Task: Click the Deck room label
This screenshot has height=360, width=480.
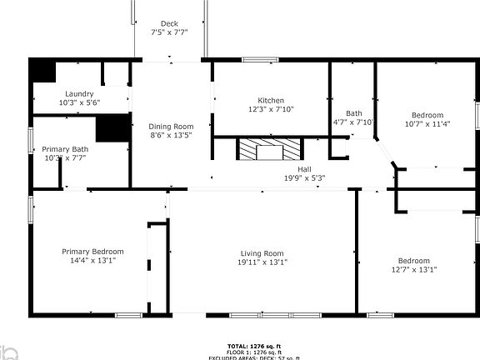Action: (x=169, y=23)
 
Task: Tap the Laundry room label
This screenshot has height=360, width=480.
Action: (x=79, y=93)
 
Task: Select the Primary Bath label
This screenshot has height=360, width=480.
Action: (x=64, y=148)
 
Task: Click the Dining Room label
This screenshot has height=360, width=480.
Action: (x=171, y=126)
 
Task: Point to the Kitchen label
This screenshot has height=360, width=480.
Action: (x=271, y=100)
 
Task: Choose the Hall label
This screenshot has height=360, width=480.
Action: (x=304, y=168)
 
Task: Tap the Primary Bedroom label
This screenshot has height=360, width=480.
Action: (x=92, y=251)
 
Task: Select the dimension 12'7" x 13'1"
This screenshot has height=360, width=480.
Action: (x=413, y=269)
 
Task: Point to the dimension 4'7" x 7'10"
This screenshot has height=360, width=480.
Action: (x=354, y=122)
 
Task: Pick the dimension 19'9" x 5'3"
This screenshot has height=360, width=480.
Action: (x=304, y=177)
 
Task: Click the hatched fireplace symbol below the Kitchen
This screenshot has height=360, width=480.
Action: (x=269, y=150)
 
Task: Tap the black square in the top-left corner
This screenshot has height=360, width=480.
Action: (x=42, y=71)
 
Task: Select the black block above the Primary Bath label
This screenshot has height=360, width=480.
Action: (x=112, y=128)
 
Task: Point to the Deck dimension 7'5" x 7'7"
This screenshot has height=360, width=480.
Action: (x=169, y=32)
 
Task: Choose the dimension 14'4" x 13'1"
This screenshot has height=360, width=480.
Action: (x=92, y=260)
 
